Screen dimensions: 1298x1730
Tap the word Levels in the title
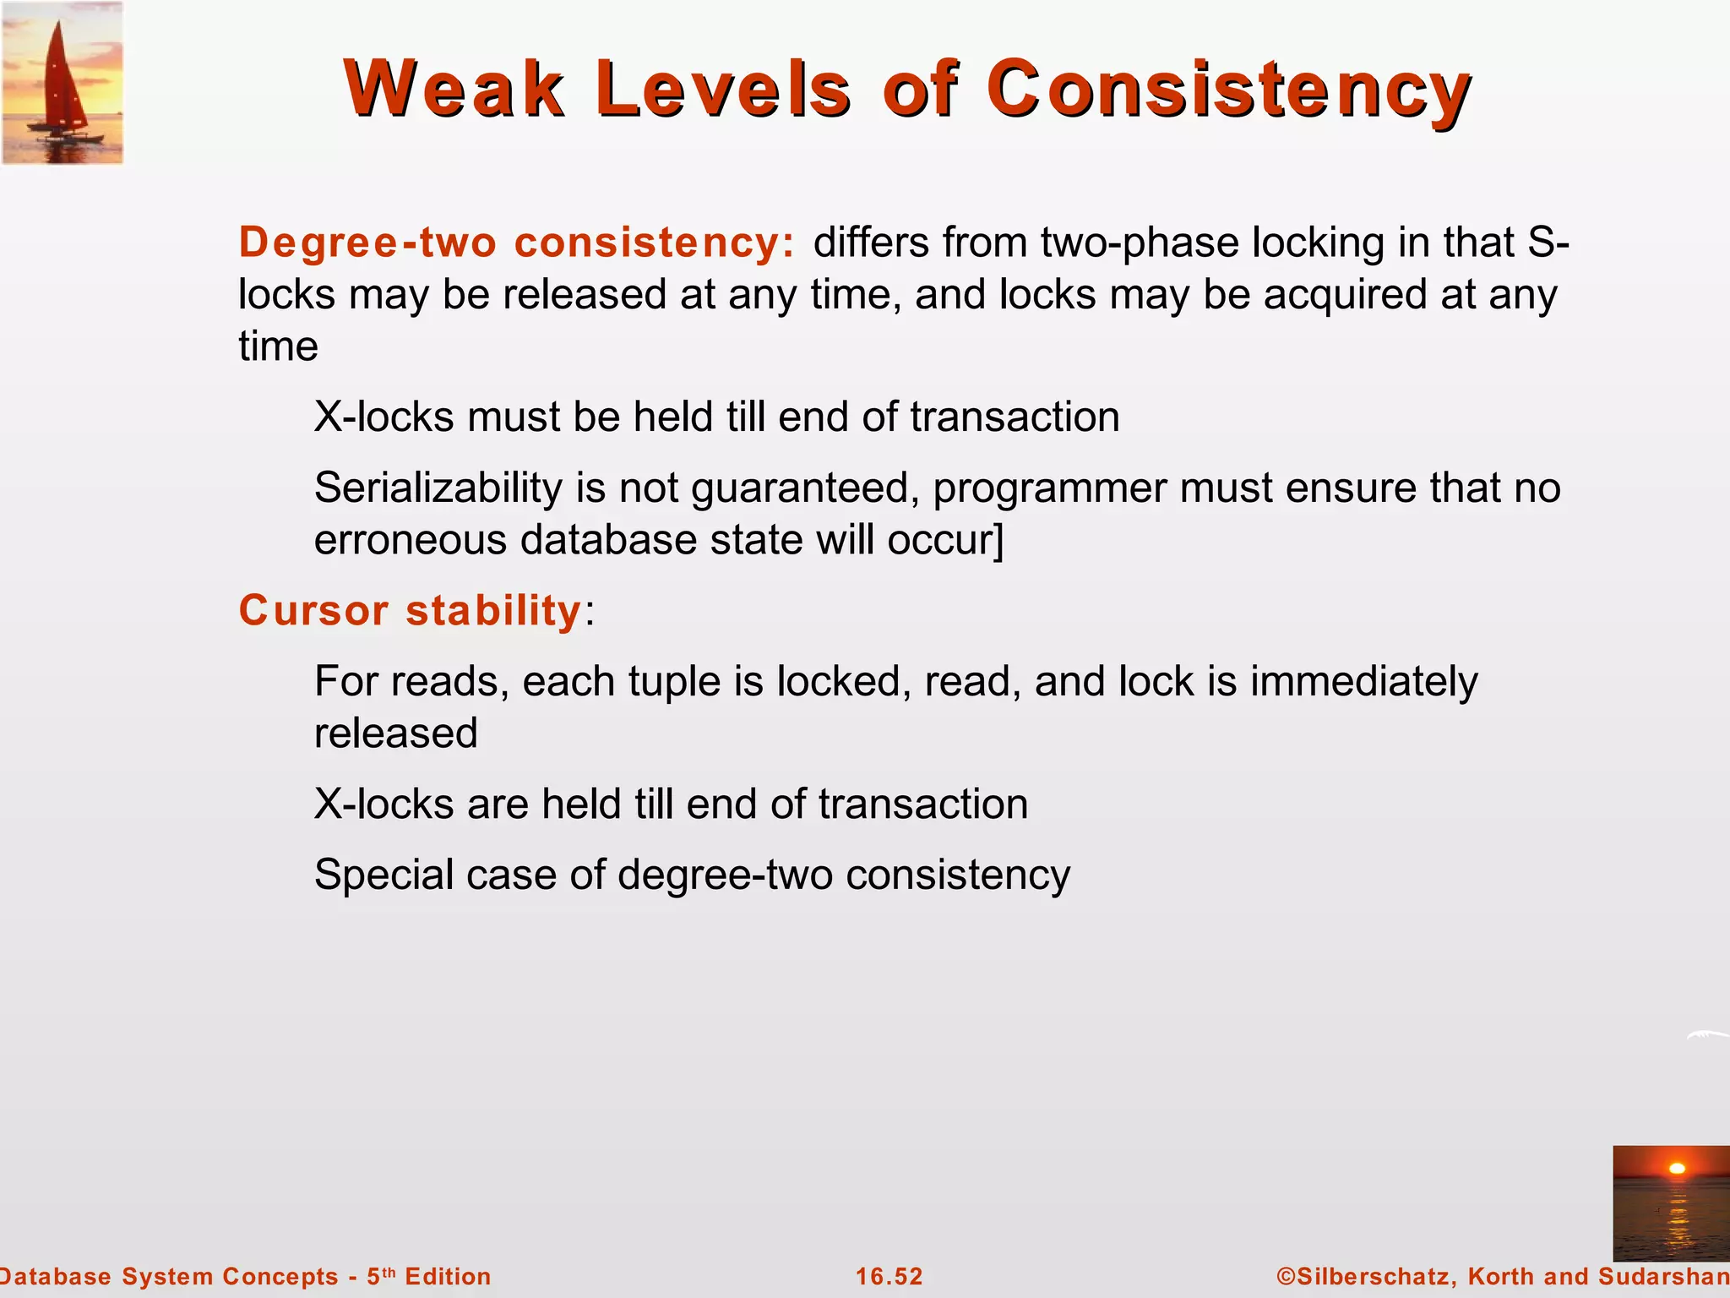click(x=722, y=89)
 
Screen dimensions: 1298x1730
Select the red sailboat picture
click(x=62, y=82)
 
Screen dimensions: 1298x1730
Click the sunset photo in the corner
click(x=1670, y=1203)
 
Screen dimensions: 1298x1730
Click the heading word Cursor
click(x=313, y=610)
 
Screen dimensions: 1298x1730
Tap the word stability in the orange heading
click(x=493, y=610)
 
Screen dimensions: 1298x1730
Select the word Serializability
click(x=438, y=488)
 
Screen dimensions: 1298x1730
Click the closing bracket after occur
click(x=999, y=541)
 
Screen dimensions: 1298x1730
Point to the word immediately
click(x=1363, y=682)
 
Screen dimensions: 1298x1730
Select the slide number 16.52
click(x=889, y=1277)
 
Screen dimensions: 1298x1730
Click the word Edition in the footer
click(x=448, y=1277)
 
